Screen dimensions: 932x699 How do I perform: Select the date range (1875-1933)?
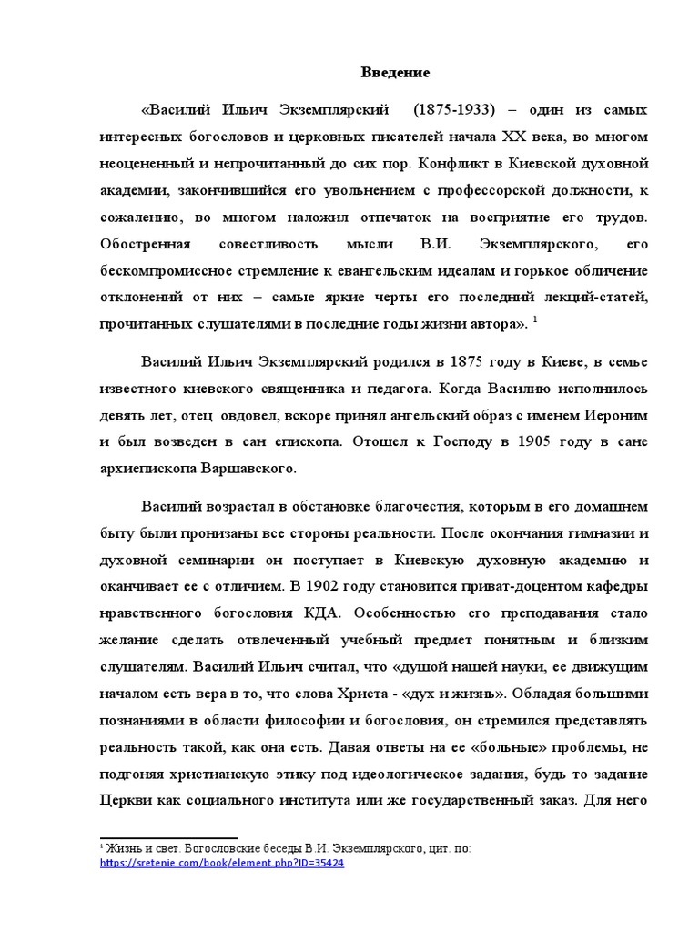pyautogui.click(x=453, y=110)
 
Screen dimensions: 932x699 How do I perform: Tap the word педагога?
pyautogui.click(x=401, y=389)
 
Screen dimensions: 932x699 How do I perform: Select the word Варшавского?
pyautogui.click(x=248, y=470)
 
